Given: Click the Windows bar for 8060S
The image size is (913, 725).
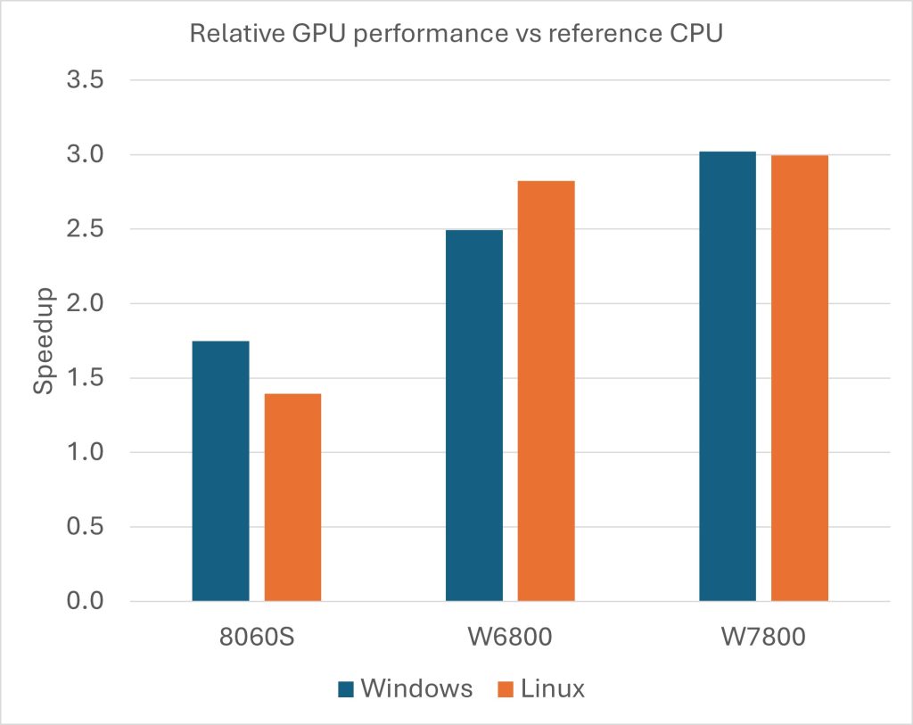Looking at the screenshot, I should [220, 471].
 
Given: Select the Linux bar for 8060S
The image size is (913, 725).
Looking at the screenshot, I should [292, 497].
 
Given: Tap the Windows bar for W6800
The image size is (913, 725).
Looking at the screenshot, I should [473, 416].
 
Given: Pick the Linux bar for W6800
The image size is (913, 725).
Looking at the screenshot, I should [546, 391].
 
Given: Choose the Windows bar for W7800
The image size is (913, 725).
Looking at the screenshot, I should [727, 376].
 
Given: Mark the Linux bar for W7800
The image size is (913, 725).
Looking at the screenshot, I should [800, 378].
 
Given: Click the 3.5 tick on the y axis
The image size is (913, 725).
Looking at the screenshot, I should [85, 80].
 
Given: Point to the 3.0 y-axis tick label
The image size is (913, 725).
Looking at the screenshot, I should [85, 155].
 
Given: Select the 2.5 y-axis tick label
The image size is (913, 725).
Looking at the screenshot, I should [85, 229].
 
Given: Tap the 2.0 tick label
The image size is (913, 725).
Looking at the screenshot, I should [85, 304].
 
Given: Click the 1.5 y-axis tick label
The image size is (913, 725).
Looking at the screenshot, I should [85, 378].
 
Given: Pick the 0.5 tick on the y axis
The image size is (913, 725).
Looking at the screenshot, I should [85, 527].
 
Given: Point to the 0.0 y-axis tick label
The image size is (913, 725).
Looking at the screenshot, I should [85, 601].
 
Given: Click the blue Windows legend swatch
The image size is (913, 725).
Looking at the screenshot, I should [347, 688].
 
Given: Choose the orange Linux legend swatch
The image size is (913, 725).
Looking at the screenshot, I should [505, 688].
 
